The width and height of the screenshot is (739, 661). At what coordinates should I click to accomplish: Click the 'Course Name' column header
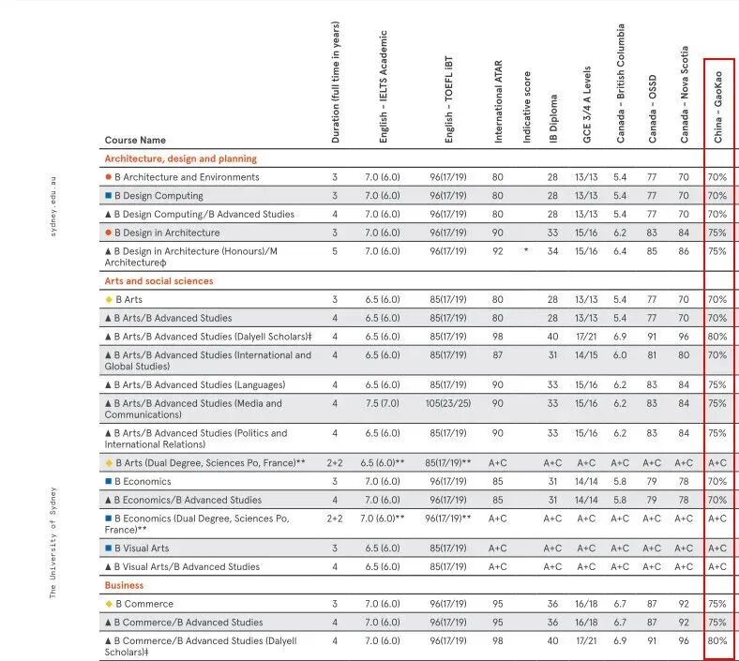(x=135, y=141)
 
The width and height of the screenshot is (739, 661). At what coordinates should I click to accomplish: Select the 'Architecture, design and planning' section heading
(x=180, y=158)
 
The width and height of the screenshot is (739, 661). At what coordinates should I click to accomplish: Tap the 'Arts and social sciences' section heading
(x=158, y=281)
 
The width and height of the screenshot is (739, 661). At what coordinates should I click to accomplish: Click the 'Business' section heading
(x=124, y=585)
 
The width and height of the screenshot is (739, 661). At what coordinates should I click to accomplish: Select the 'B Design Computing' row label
(x=158, y=196)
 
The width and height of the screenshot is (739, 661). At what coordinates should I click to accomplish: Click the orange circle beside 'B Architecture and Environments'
(x=109, y=177)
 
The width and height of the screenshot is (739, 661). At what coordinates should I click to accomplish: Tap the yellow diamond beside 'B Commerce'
(x=109, y=604)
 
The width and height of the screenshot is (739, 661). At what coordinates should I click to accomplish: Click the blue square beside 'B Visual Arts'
(x=109, y=548)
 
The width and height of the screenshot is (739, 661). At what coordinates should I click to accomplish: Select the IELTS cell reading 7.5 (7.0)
(x=382, y=404)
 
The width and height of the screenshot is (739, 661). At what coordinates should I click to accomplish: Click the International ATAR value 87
(x=497, y=355)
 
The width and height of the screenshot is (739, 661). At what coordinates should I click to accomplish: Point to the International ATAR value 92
(x=497, y=251)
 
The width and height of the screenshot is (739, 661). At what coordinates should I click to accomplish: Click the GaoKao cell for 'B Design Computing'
(x=717, y=196)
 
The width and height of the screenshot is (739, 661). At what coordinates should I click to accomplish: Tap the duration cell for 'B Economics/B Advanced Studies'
(x=334, y=500)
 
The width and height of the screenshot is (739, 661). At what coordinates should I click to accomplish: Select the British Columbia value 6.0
(x=620, y=355)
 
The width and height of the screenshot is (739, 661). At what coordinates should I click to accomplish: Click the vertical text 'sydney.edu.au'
(x=53, y=204)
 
